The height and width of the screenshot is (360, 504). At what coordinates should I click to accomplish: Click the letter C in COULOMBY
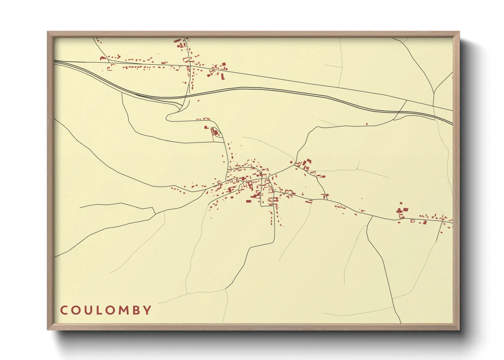tap(64, 310)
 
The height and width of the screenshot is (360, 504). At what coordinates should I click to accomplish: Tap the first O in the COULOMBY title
tap(76, 310)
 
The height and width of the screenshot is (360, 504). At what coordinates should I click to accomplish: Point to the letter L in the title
tap(98, 310)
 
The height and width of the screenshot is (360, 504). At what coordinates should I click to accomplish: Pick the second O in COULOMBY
tap(110, 310)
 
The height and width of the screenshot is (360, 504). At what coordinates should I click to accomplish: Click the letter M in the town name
tap(123, 310)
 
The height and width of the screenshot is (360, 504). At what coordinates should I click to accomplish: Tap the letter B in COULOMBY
tap(136, 310)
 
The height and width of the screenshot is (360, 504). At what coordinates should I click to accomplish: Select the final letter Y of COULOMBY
tap(147, 310)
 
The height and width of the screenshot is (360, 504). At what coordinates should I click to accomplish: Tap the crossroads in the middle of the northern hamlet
tap(189, 65)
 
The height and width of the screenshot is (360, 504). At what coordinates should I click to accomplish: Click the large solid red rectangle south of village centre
tap(249, 201)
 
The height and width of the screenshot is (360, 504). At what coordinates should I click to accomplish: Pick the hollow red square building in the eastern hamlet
tap(412, 221)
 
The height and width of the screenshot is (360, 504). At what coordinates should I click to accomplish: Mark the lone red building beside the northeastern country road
tap(367, 124)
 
